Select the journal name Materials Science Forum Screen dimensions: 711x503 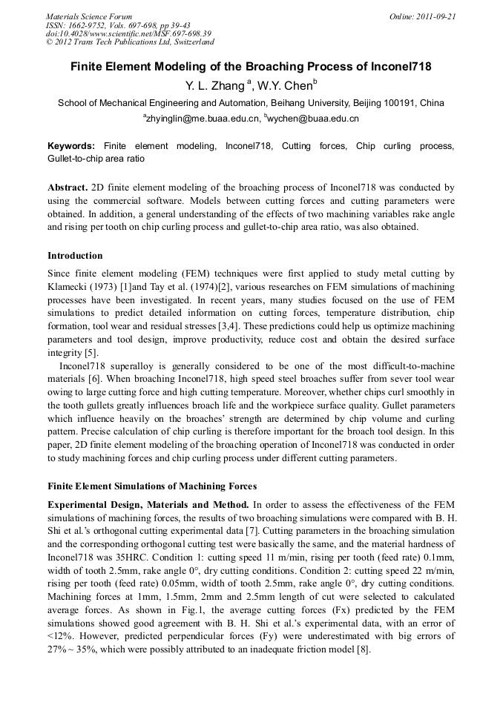tap(89, 16)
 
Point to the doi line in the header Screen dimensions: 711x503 tap(128, 33)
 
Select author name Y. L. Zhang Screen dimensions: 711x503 tap(214, 87)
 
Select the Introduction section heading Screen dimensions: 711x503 tap(75, 256)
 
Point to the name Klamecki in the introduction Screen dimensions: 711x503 tap(68, 286)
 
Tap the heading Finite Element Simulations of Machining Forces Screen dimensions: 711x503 tap(152, 486)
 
